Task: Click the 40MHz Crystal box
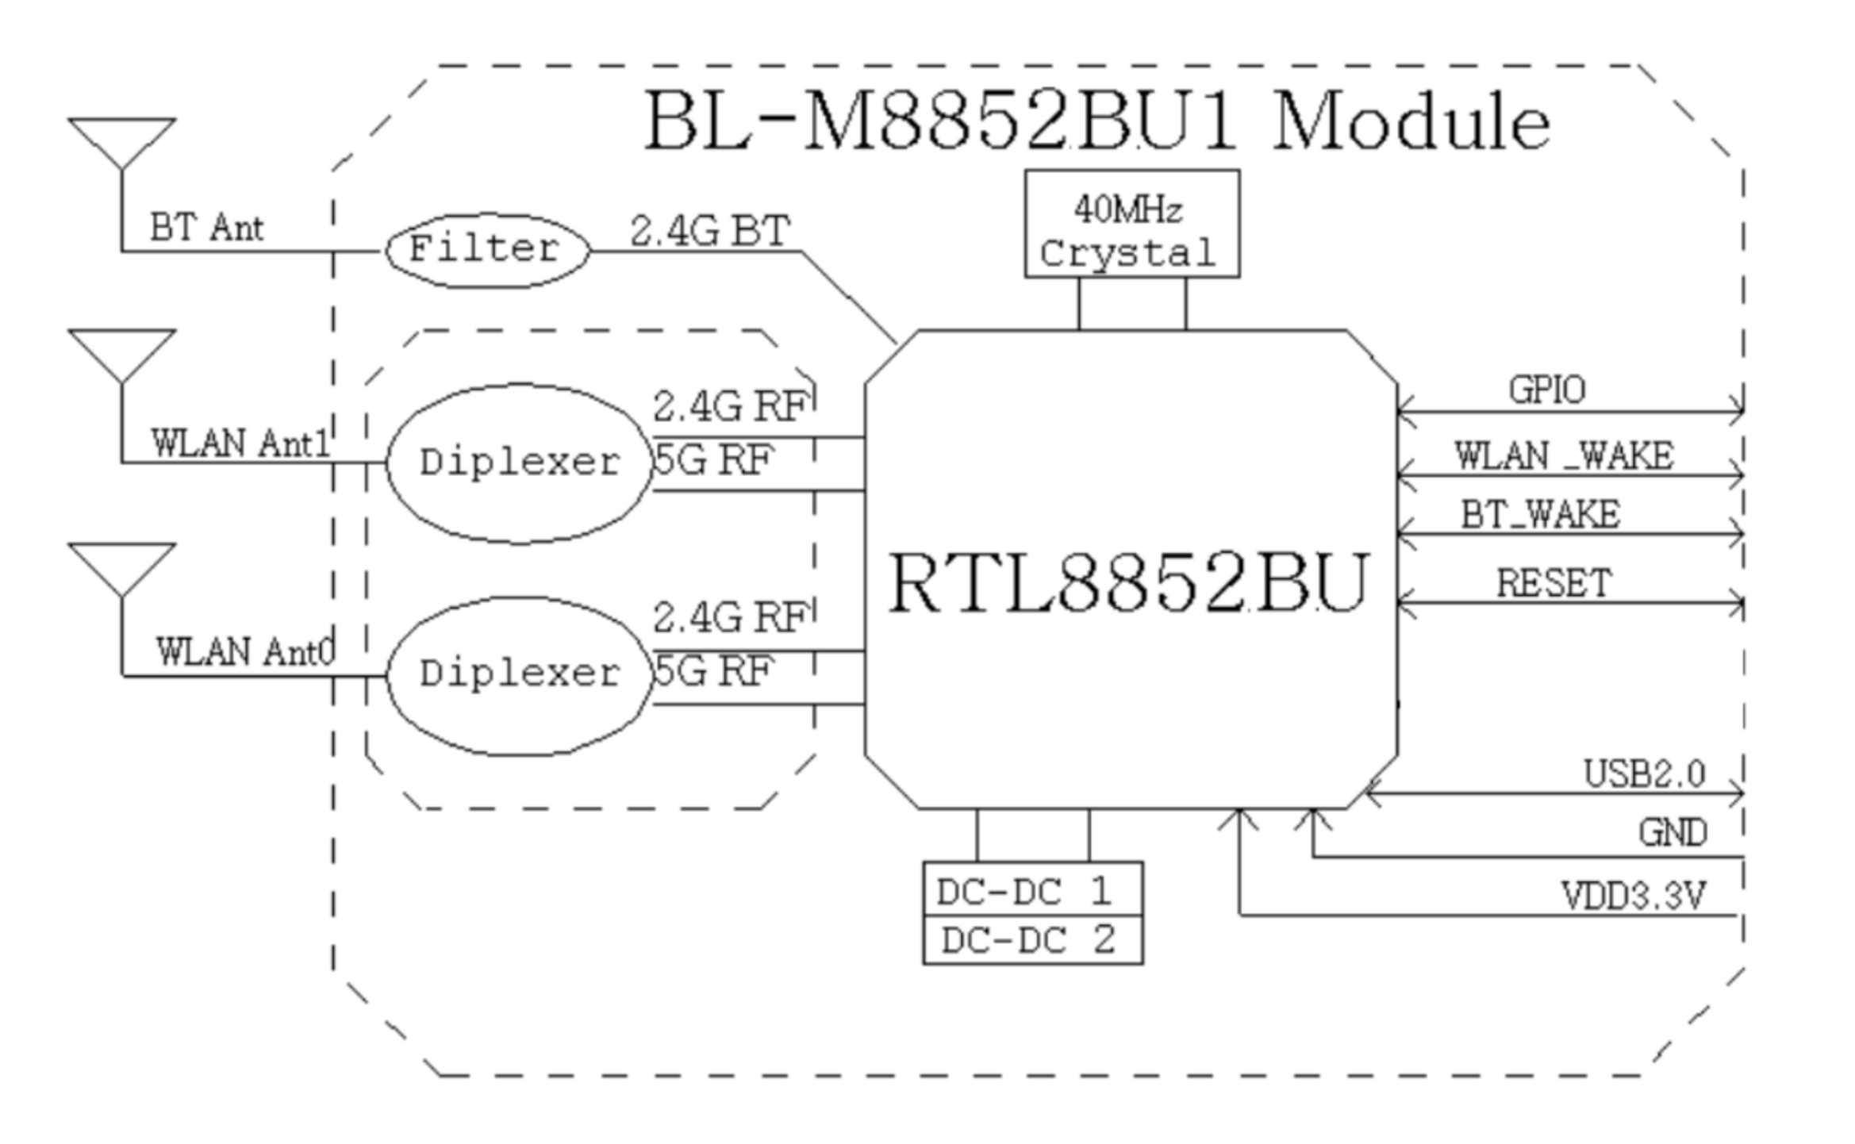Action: [1131, 224]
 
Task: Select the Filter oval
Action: [487, 250]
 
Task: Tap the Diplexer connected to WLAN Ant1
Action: [520, 463]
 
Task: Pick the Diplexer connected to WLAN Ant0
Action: [520, 675]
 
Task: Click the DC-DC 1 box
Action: [1032, 892]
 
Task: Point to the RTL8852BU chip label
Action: [1128, 583]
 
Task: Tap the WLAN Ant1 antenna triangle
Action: [121, 350]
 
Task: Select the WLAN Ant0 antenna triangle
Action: [121, 563]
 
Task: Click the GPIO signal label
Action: [1546, 390]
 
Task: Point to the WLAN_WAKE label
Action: [1564, 456]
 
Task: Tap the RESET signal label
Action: [1554, 584]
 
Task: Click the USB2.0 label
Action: [1644, 774]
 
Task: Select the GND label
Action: [1673, 833]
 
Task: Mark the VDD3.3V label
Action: [1633, 896]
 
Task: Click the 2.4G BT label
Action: [710, 232]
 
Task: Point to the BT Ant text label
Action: [206, 228]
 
